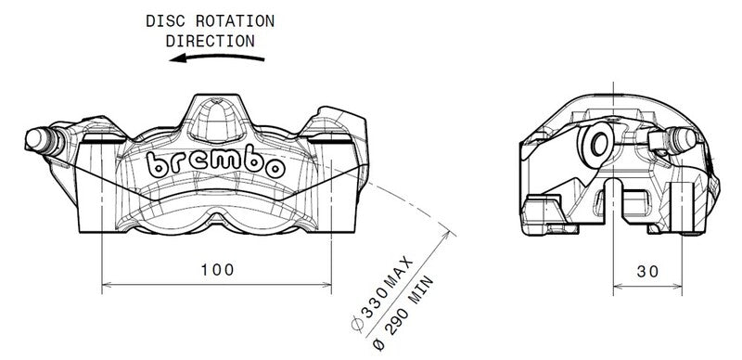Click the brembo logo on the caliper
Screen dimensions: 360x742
(x=215, y=164)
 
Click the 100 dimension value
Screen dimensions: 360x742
(x=215, y=270)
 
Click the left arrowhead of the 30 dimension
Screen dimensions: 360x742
(x=619, y=282)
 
